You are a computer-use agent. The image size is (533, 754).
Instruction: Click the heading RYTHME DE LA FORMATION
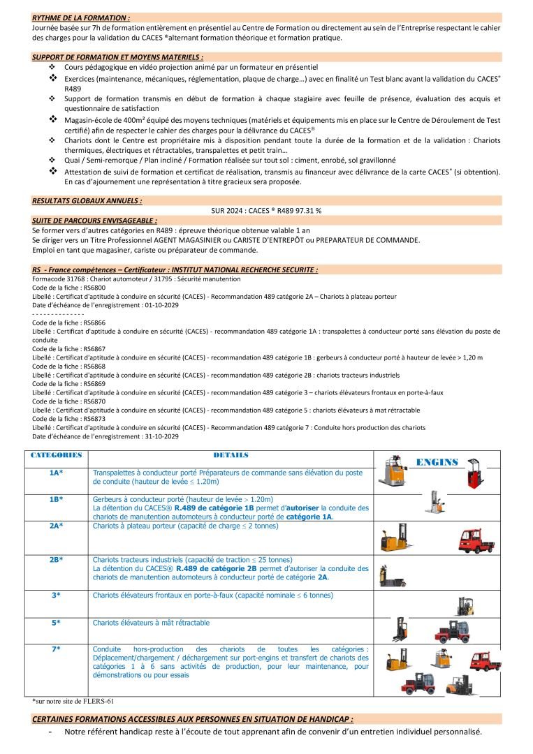click(x=81, y=16)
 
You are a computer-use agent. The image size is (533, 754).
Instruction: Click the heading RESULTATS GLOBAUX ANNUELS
click(x=87, y=200)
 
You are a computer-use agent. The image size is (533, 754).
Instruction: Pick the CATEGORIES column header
click(x=57, y=455)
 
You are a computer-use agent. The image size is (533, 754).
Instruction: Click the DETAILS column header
click(x=231, y=455)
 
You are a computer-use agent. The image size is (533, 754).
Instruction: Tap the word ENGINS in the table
click(x=437, y=462)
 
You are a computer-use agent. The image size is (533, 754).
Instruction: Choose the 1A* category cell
click(x=57, y=473)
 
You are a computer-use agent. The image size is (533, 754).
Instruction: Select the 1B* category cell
click(x=57, y=499)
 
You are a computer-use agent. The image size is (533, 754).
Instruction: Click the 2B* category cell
click(x=57, y=560)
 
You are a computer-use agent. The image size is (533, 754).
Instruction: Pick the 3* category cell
click(x=57, y=596)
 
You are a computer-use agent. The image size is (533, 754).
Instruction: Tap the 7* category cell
click(x=57, y=649)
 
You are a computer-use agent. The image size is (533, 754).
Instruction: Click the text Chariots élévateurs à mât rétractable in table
click(x=151, y=623)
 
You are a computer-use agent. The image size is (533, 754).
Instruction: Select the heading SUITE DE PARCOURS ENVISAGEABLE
click(x=94, y=220)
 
